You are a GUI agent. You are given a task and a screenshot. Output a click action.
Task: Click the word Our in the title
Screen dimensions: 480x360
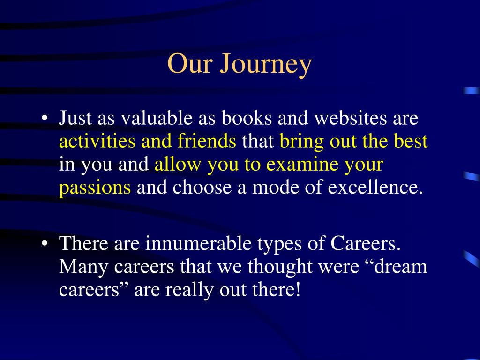pos(190,63)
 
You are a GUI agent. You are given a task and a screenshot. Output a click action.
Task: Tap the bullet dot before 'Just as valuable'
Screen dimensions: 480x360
pos(45,118)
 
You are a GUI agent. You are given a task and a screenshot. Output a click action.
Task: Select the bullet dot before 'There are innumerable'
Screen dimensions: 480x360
pos(45,243)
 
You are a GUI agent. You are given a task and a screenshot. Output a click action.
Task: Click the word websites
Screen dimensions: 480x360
pos(351,118)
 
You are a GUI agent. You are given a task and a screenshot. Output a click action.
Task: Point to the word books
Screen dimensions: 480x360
pos(247,118)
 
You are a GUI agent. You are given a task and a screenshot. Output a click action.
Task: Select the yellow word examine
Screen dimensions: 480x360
pos(302,164)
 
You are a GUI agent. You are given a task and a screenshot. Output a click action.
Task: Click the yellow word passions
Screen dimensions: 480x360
pos(95,188)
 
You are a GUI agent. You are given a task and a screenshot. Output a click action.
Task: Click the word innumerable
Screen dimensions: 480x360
pos(198,243)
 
